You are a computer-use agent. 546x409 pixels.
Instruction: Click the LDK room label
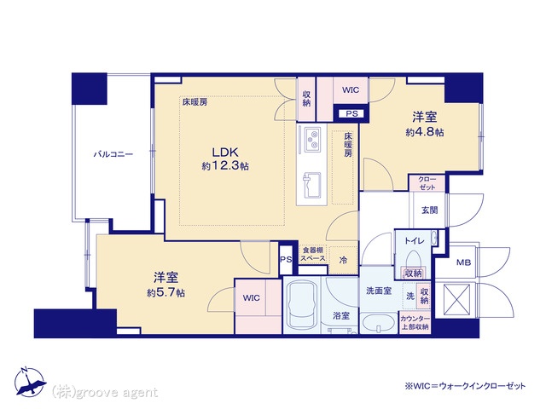pyautogui.click(x=225, y=152)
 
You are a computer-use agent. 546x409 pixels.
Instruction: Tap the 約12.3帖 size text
pyautogui.click(x=225, y=166)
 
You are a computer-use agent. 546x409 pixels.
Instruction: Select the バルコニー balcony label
pyautogui.click(x=113, y=154)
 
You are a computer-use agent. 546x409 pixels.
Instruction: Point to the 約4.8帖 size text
pyautogui.click(x=425, y=132)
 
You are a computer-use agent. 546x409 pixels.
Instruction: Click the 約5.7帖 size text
pyautogui.click(x=166, y=292)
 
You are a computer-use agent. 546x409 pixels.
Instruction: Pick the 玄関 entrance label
pyautogui.click(x=429, y=210)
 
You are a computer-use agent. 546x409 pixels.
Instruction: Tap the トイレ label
pyautogui.click(x=414, y=240)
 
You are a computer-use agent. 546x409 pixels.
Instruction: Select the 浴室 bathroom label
pyautogui.click(x=341, y=315)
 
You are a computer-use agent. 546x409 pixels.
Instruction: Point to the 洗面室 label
pyautogui.click(x=379, y=291)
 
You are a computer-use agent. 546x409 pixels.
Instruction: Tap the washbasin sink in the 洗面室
pyautogui.click(x=379, y=324)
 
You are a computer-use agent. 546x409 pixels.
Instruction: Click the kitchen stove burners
pyautogui.click(x=312, y=139)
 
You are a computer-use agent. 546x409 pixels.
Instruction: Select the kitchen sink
pyautogui.click(x=312, y=184)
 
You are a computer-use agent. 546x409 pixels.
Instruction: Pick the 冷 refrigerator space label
pyautogui.click(x=343, y=260)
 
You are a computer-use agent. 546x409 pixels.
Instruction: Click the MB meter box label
pyautogui.click(x=463, y=262)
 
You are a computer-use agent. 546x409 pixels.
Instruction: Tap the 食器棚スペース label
pyautogui.click(x=313, y=254)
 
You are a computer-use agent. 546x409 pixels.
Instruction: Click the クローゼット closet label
pyautogui.click(x=427, y=183)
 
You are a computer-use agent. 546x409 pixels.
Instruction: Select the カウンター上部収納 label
pyautogui.click(x=415, y=323)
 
